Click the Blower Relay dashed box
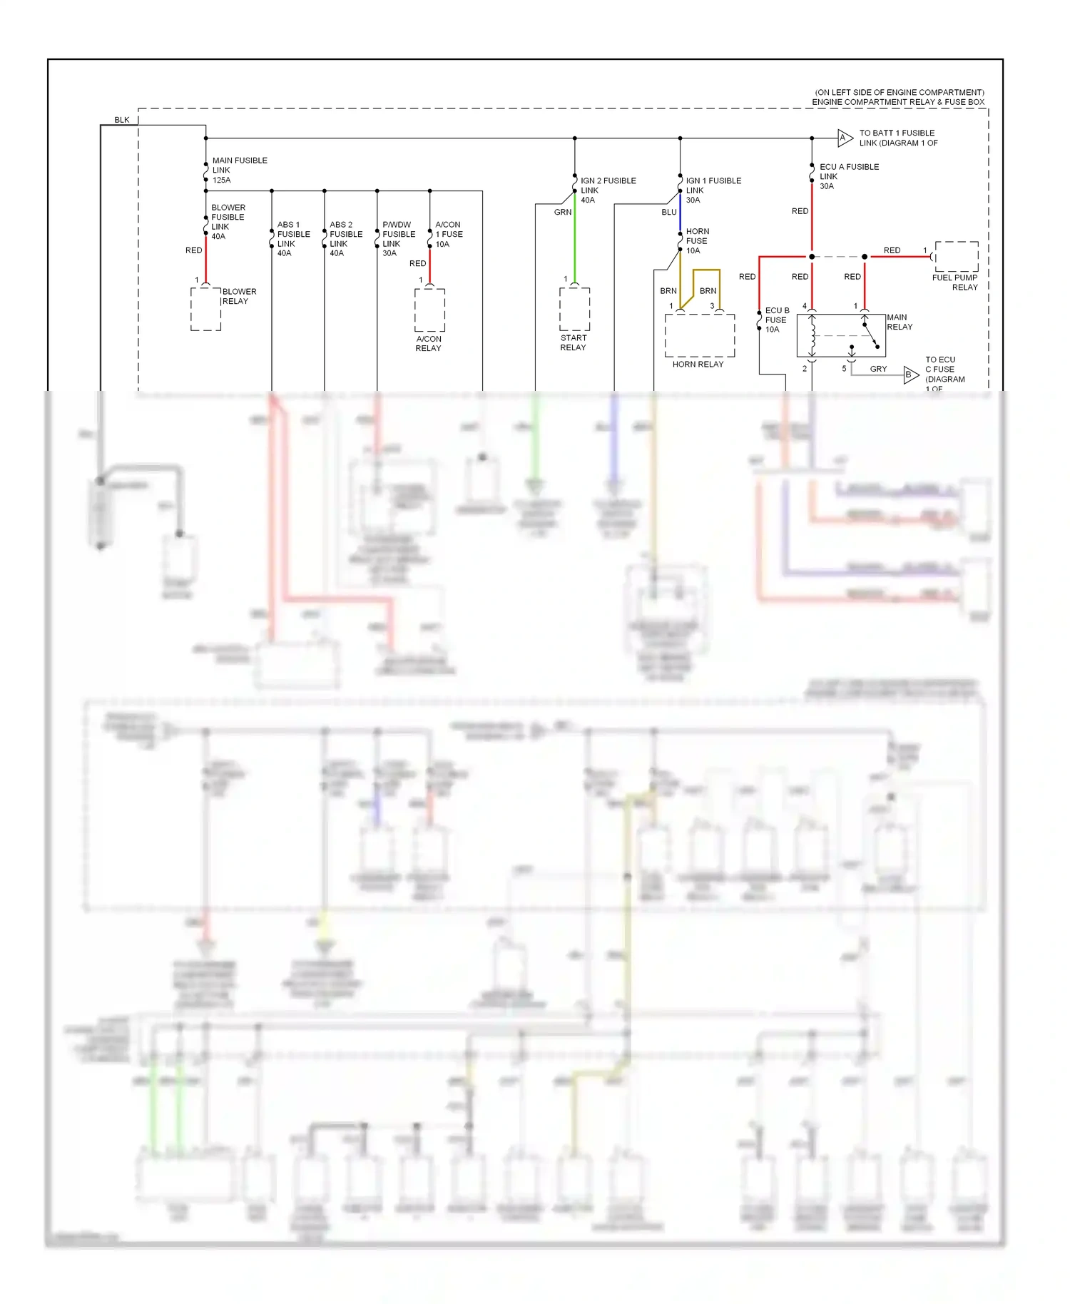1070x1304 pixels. [205, 309]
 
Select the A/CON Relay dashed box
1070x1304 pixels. [429, 310]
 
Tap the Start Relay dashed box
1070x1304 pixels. [574, 310]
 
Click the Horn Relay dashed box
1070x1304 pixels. [699, 335]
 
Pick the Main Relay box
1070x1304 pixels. [840, 335]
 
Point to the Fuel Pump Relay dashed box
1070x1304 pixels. [956, 257]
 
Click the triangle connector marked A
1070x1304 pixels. [844, 138]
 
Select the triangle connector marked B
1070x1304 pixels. [910, 375]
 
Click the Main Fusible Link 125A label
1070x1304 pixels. [239, 170]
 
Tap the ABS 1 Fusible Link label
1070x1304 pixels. [293, 239]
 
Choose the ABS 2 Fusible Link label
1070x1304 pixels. [345, 239]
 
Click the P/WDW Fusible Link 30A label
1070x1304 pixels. [398, 239]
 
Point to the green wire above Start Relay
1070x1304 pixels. [574, 243]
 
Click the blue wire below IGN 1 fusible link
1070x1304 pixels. [680, 214]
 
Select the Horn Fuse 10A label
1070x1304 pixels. [696, 241]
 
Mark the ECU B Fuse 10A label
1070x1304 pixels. [776, 320]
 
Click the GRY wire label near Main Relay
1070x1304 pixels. [878, 369]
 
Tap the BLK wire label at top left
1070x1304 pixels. [122, 120]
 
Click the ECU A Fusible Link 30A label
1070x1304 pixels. [848, 176]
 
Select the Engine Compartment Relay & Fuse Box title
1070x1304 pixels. [897, 102]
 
